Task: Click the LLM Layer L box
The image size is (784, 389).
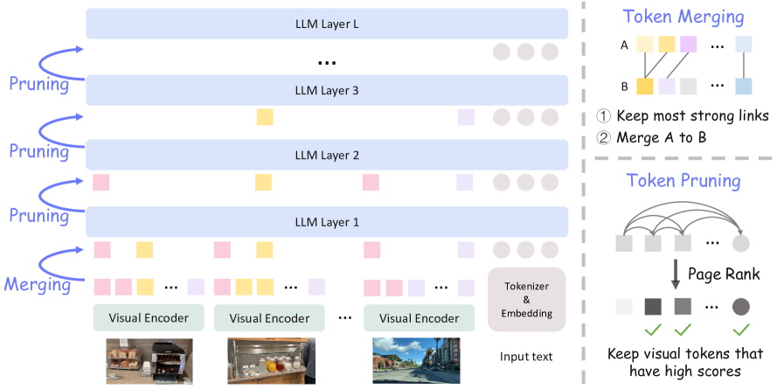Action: (x=327, y=24)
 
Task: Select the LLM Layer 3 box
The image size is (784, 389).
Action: (x=327, y=91)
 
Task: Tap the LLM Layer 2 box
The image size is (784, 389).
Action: (x=327, y=155)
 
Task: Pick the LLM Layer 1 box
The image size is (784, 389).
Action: (x=327, y=221)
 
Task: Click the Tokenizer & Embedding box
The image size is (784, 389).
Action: (x=526, y=300)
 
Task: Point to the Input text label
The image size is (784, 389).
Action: (x=526, y=357)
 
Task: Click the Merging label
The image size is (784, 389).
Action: (x=38, y=284)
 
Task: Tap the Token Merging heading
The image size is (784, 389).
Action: (x=683, y=17)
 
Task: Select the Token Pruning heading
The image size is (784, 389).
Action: (x=683, y=180)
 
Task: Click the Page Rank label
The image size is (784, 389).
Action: (x=724, y=274)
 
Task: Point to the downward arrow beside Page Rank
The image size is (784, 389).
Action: (x=676, y=274)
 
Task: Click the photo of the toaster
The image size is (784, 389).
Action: (x=149, y=361)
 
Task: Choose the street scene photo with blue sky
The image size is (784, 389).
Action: (x=416, y=360)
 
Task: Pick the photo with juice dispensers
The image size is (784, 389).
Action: (x=271, y=360)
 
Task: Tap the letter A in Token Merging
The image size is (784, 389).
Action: (x=624, y=45)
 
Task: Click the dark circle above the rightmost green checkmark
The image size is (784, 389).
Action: (x=741, y=307)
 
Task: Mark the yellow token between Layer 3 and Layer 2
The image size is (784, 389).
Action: (x=265, y=117)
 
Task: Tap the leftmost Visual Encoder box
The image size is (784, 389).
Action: (x=149, y=317)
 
